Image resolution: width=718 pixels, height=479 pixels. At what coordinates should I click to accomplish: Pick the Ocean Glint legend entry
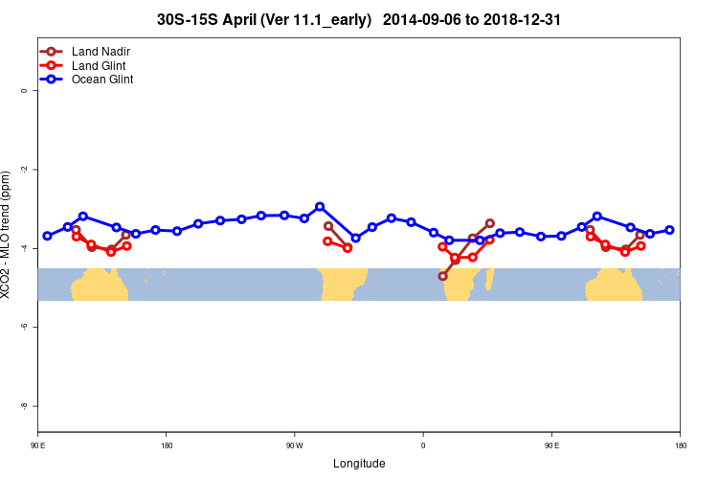[102, 80]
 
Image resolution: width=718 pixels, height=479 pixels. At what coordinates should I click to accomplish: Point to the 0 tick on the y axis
[25, 91]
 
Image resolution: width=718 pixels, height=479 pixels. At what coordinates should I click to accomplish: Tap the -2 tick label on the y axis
[25, 170]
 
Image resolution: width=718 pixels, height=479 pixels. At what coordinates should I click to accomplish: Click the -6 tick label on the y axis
[25, 327]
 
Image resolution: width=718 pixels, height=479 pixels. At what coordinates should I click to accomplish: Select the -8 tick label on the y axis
[25, 406]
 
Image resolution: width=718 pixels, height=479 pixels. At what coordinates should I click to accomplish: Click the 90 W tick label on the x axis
[294, 445]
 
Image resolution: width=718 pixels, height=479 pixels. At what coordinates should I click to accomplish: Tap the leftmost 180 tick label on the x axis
[167, 445]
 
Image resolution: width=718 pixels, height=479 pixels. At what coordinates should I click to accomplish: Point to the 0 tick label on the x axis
[423, 445]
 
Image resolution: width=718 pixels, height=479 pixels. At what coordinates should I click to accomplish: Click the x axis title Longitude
[359, 464]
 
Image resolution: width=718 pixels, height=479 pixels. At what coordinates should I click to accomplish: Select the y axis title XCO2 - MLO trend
[9, 235]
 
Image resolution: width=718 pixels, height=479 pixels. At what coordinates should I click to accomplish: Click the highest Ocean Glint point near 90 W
[320, 206]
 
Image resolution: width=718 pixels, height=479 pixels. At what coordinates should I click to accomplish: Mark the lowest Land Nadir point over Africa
[442, 276]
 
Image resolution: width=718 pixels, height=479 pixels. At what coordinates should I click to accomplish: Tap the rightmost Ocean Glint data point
[669, 230]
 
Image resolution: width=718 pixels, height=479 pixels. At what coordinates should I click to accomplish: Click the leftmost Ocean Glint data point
[47, 236]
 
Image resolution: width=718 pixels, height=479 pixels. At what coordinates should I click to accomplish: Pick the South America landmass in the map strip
[344, 283]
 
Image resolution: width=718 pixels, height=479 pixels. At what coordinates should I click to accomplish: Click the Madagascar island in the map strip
[490, 279]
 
